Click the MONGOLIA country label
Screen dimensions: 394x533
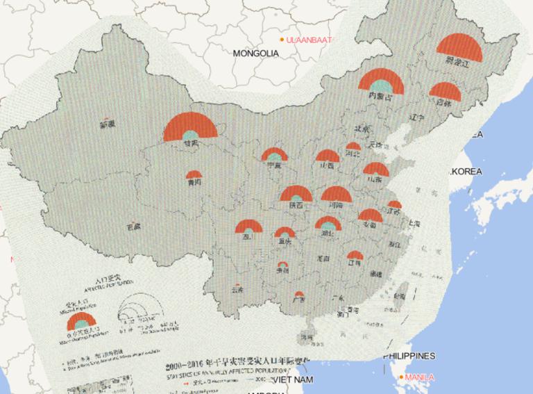tap(255, 53)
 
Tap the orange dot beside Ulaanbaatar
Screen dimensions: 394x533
tap(281, 40)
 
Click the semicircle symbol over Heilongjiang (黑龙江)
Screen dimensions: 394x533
tap(459, 47)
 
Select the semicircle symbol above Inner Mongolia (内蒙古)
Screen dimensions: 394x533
tap(381, 82)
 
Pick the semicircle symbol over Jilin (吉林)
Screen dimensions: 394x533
tap(445, 92)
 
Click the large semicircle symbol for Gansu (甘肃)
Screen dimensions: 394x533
tap(190, 129)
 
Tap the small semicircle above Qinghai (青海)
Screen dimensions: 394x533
tap(194, 174)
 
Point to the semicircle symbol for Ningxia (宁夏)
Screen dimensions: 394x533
tap(274, 155)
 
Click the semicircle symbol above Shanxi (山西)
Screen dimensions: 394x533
tap(327, 156)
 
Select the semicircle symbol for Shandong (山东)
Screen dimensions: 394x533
tap(375, 170)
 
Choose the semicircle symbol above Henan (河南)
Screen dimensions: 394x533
tap(337, 195)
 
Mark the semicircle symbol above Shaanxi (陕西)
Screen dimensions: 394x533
tap(296, 195)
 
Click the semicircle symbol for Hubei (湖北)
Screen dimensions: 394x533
tap(328, 223)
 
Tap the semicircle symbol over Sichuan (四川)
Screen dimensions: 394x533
tap(248, 226)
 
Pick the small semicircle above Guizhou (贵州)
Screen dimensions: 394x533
tap(282, 265)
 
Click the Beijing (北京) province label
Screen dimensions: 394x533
tap(361, 129)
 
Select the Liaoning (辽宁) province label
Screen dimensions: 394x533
tap(416, 117)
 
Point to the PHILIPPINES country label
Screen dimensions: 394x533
tap(409, 356)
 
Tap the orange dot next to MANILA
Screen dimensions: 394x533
tap(400, 377)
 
